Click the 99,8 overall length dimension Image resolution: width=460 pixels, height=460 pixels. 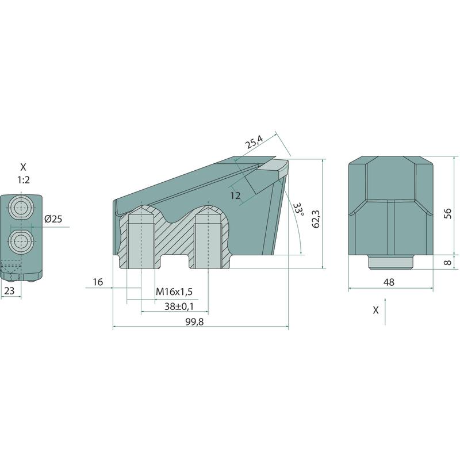point(194,322)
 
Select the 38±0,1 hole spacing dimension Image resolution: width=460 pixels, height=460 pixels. point(179,306)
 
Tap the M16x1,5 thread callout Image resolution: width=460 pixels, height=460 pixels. point(174,292)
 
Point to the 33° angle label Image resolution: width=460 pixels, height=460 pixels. point(298,209)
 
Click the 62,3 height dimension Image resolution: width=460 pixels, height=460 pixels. point(316,219)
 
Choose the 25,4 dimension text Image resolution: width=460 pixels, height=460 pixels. point(254,142)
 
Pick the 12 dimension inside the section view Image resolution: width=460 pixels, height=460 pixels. point(235,195)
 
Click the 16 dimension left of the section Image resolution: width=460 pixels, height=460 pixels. point(98,282)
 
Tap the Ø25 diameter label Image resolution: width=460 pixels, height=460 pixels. point(53,219)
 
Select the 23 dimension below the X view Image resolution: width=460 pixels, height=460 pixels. point(9,291)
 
